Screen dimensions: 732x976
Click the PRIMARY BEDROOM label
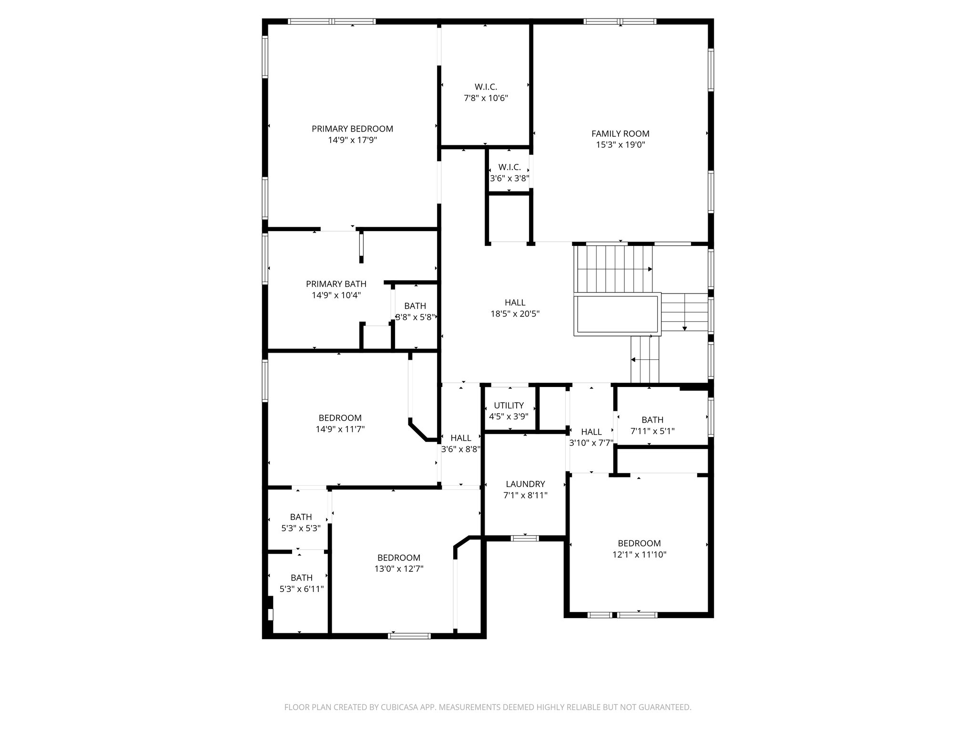click(352, 129)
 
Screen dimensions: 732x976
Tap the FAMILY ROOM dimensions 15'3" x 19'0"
click(620, 145)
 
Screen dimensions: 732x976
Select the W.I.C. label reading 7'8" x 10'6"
click(486, 93)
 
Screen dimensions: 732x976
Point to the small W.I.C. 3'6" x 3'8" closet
click(509, 173)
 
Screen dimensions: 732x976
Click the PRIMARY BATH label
click(336, 285)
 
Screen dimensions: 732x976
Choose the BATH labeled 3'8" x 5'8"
click(415, 311)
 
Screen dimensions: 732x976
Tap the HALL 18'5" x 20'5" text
click(515, 308)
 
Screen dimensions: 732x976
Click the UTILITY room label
click(508, 406)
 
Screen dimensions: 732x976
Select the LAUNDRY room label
click(525, 484)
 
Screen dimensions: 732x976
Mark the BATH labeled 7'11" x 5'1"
click(652, 426)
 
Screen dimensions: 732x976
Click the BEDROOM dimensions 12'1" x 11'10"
click(639, 555)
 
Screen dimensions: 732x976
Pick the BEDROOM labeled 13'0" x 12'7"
click(399, 563)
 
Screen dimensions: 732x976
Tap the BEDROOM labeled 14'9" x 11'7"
click(340, 424)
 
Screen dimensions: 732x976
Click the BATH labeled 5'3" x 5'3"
click(301, 522)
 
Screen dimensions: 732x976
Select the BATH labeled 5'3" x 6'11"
click(301, 583)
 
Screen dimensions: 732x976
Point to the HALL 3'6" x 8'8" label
click(460, 443)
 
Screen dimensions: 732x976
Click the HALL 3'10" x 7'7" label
click(591, 437)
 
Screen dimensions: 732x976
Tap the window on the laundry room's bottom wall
click(525, 539)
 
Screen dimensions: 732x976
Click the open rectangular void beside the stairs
click(617, 315)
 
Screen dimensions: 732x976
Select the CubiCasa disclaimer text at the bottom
click(488, 708)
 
